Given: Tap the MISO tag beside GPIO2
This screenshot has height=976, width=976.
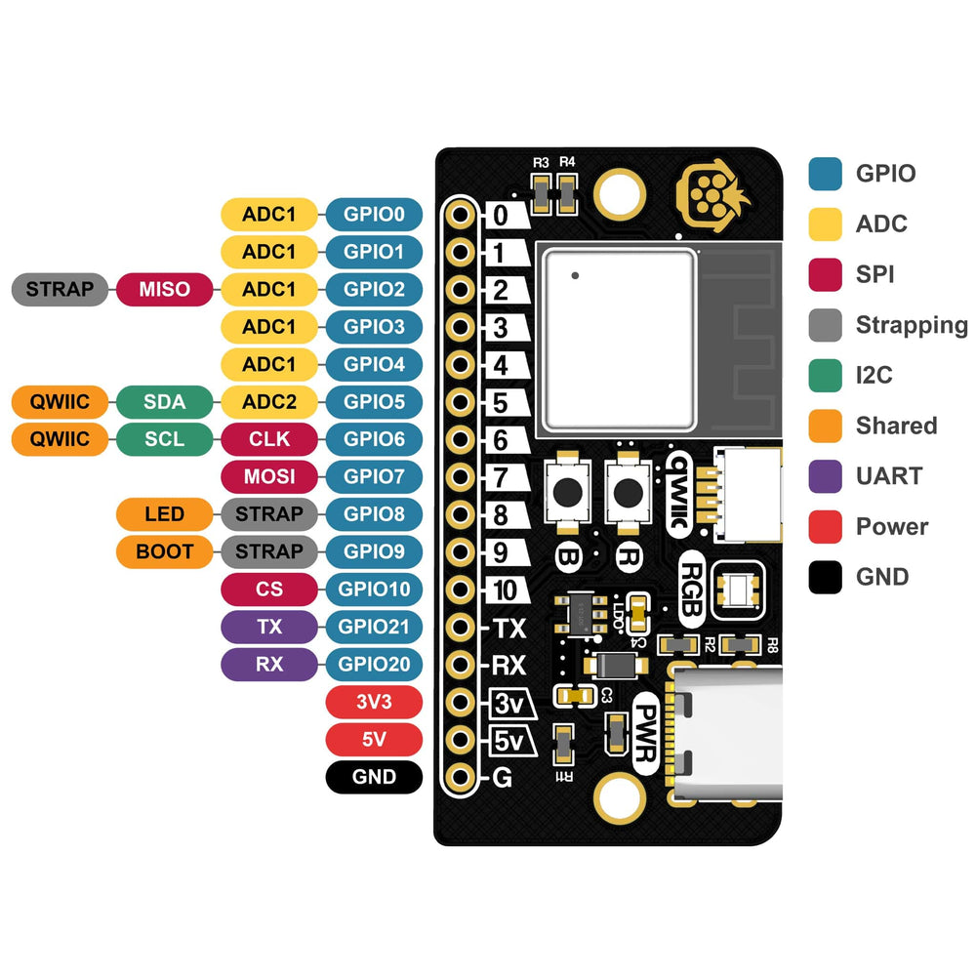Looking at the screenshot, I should point(164,289).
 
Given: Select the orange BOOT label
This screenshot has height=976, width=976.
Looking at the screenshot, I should point(164,551).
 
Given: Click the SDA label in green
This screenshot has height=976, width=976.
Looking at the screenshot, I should point(164,401).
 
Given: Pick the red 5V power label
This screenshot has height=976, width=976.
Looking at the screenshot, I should point(374,740).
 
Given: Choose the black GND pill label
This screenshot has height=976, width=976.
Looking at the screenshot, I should point(374,777).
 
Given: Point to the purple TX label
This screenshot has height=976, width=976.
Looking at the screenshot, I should point(269,627).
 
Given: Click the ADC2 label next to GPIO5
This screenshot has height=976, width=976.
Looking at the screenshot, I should point(269,401).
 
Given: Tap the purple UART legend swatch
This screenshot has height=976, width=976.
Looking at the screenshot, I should point(825,476).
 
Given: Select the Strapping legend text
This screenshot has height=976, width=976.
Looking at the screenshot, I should point(911,325).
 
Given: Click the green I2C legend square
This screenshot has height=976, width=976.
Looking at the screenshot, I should point(825,376).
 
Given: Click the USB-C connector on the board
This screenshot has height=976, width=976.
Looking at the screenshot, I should point(727,731).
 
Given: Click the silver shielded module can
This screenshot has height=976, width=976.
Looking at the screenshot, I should point(621,339).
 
